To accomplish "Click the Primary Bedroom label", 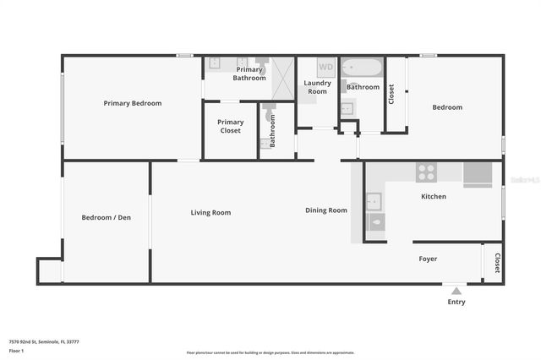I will coord(133,103).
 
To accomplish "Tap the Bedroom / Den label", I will coord(106,218).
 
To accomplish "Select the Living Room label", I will coord(210,213).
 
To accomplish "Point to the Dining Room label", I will coord(326,210).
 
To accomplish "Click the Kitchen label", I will coord(434,197).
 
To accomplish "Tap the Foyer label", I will coord(429,259).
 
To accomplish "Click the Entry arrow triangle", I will coord(456,291).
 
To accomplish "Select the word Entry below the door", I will coord(456,303).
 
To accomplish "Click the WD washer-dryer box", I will coord(326,68).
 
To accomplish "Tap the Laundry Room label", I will coord(317,88).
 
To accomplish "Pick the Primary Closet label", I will coord(230,127).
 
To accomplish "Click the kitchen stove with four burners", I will coord(427,172).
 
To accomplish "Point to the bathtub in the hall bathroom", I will coord(363,68).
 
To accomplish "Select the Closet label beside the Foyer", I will coord(497,263).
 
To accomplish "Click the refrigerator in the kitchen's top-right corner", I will coord(478,172).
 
